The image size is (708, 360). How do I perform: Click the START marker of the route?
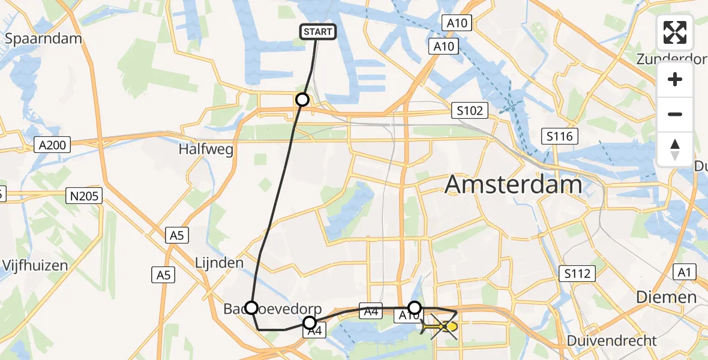pyautogui.click(x=318, y=32)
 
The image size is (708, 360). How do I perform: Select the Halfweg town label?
pyautogui.click(x=205, y=149)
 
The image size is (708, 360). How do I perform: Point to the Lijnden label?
pyautogui.click(x=219, y=263)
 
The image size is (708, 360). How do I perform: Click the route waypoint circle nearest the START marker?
pyautogui.click(x=302, y=100)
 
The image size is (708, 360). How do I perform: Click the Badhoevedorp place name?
pyautogui.click(x=273, y=309)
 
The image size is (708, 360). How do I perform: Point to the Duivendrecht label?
pyautogui.click(x=612, y=341)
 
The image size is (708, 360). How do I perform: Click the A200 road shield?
pyautogui.click(x=53, y=145)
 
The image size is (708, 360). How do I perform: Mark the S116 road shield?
pyautogui.click(x=560, y=136)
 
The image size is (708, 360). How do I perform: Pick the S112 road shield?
pyautogui.click(x=578, y=274)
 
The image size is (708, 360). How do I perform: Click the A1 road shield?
pyautogui.click(x=684, y=272)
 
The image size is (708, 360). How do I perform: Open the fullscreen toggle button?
pyautogui.click(x=675, y=32)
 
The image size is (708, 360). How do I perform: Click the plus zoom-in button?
pyautogui.click(x=675, y=79)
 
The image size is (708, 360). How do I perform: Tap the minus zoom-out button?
pyautogui.click(x=675, y=114)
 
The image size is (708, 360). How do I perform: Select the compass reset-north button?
pyautogui.click(x=675, y=149)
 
